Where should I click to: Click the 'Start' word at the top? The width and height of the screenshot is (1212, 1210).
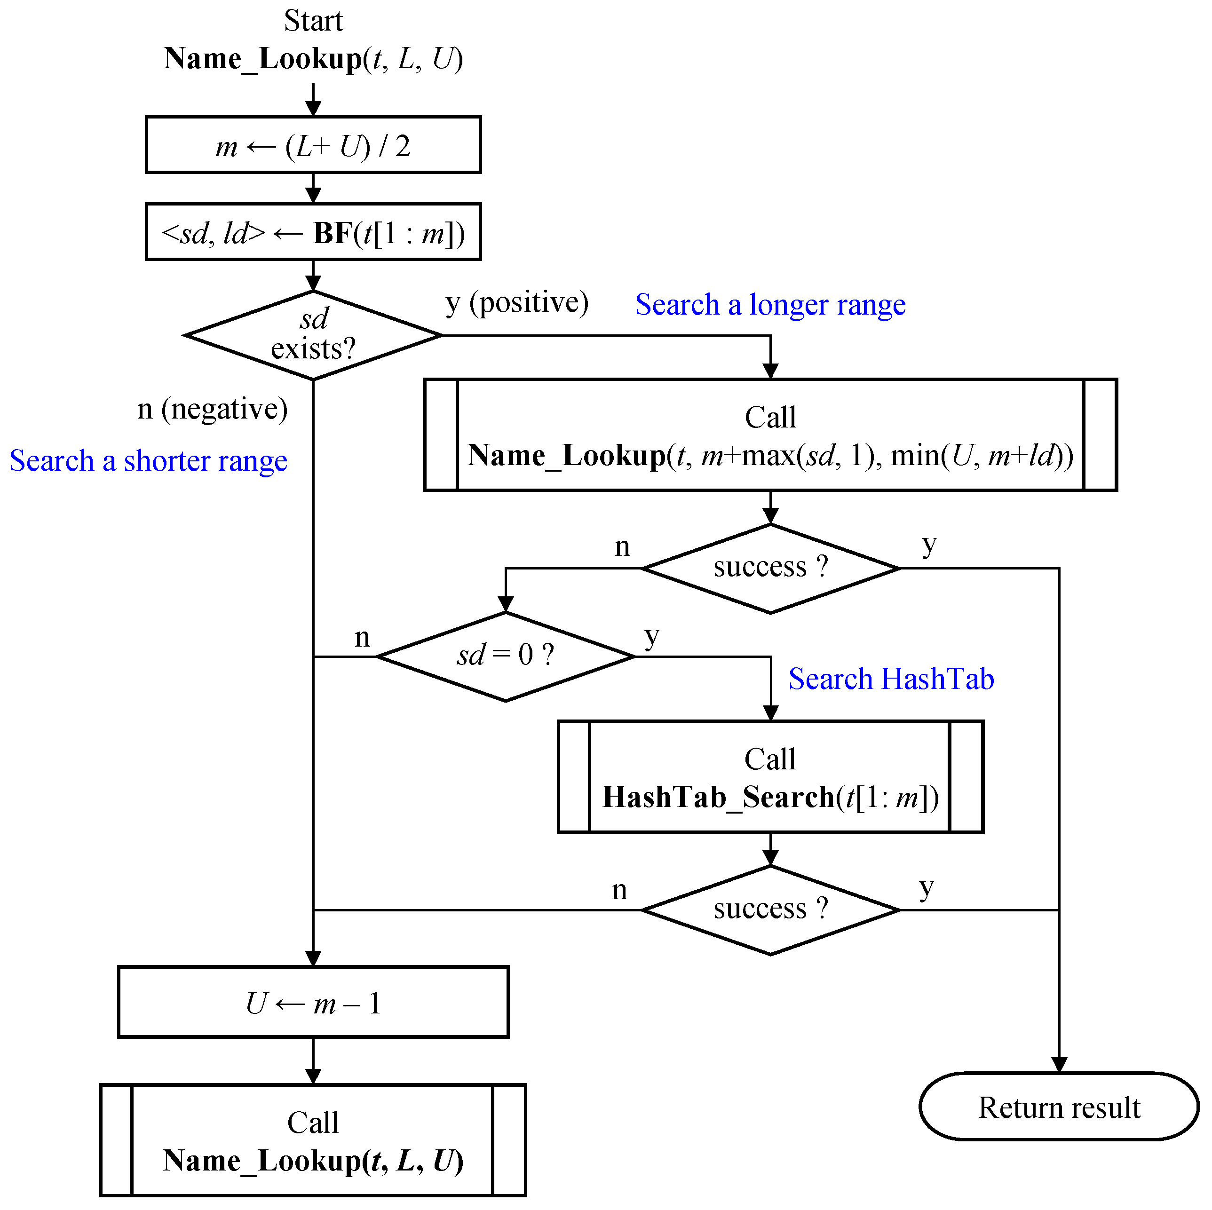pyautogui.click(x=313, y=21)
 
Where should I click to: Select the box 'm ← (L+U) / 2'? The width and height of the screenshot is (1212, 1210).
pyautogui.click(x=313, y=145)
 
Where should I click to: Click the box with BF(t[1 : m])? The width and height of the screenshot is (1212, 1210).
pyautogui.click(x=313, y=232)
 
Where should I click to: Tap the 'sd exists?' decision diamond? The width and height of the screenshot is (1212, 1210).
pyautogui.click(x=313, y=336)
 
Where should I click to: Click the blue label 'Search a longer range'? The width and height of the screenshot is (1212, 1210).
pyautogui.click(x=770, y=305)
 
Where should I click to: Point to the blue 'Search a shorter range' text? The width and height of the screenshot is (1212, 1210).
pyautogui.click(x=148, y=461)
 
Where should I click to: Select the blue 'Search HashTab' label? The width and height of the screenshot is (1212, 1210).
pyautogui.click(x=891, y=679)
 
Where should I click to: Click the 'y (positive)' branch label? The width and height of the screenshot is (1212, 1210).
pyautogui.click(x=517, y=303)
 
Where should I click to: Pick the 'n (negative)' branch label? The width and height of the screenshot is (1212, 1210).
pyautogui.click(x=212, y=409)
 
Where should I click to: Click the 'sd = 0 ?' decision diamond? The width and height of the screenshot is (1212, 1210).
pyautogui.click(x=506, y=656)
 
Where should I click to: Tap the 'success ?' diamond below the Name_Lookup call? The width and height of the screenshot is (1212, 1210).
pyautogui.click(x=770, y=568)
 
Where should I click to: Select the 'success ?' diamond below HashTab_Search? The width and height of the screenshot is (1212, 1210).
pyautogui.click(x=770, y=909)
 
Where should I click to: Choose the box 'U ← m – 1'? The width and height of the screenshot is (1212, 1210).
pyautogui.click(x=313, y=1002)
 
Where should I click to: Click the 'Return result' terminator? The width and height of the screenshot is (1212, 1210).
pyautogui.click(x=1059, y=1107)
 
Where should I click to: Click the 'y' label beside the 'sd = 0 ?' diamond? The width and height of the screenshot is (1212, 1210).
pyautogui.click(x=652, y=636)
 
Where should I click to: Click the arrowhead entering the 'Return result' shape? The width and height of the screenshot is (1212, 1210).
pyautogui.click(x=1059, y=1065)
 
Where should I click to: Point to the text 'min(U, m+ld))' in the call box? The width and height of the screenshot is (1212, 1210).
pyautogui.click(x=982, y=455)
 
